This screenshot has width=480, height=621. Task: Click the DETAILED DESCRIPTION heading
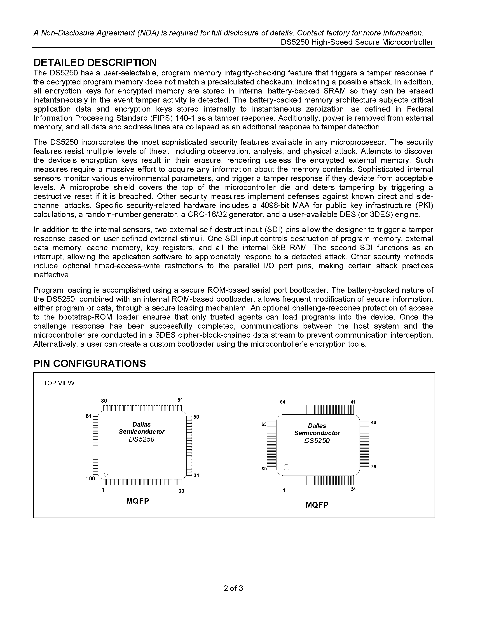tap(95, 63)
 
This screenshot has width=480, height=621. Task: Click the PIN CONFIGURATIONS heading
tap(90, 363)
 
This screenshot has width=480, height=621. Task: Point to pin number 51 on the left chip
tap(180, 400)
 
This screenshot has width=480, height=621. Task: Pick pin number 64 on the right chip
tap(282, 402)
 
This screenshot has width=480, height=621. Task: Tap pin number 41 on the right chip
tap(353, 402)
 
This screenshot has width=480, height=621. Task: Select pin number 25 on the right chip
tap(374, 467)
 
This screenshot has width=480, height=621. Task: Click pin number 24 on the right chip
tap(353, 489)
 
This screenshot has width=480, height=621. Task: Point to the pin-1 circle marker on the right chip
tap(287, 467)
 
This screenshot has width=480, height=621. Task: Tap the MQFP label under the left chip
tap(138, 501)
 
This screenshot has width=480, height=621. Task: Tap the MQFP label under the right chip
tap(317, 505)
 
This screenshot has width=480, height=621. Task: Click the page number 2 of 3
tap(233, 588)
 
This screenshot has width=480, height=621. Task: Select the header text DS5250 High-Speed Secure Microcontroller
tap(357, 42)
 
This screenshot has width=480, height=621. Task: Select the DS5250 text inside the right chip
tap(317, 441)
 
